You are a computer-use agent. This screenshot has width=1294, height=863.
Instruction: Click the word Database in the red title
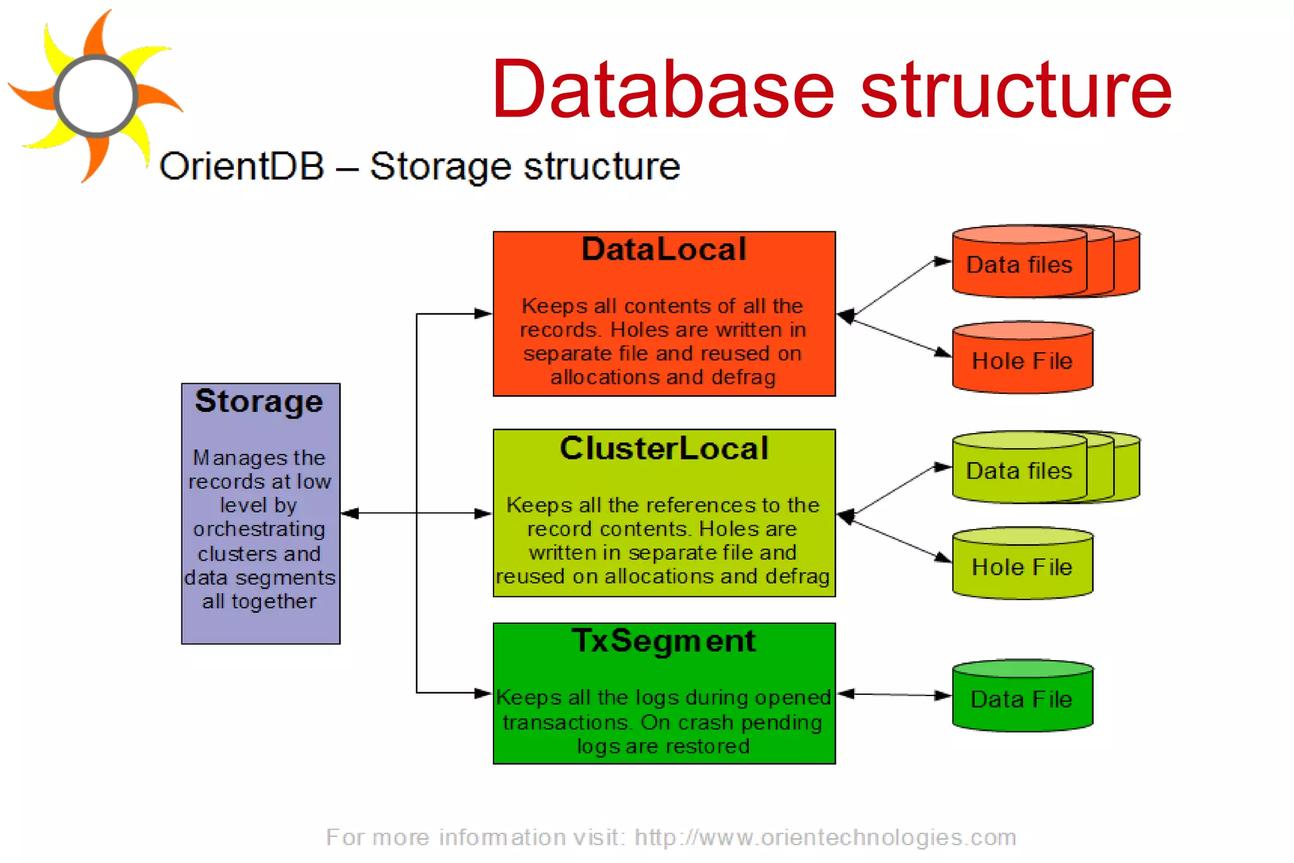pyautogui.click(x=663, y=90)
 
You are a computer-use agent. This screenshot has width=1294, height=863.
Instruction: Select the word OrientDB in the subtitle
pyautogui.click(x=241, y=166)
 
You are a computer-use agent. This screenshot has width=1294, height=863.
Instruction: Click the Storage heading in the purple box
pyautogui.click(x=259, y=401)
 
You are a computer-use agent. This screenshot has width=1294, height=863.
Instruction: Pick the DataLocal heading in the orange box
pyautogui.click(x=663, y=249)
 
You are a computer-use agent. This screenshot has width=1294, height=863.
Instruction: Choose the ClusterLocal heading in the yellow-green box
pyautogui.click(x=663, y=448)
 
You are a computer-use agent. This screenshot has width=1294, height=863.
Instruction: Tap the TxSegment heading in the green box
pyautogui.click(x=663, y=640)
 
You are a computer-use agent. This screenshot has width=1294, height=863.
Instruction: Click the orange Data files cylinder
pyautogui.click(x=1019, y=264)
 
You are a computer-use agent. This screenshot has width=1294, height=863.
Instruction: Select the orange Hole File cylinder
pyautogui.click(x=1022, y=360)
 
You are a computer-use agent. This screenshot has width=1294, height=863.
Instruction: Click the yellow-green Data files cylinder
pyautogui.click(x=1019, y=470)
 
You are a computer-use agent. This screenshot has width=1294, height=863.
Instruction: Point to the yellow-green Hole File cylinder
pyautogui.click(x=1022, y=566)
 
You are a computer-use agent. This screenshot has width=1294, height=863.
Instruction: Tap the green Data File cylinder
pyautogui.click(x=1022, y=699)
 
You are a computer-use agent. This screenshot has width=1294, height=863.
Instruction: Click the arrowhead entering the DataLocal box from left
pyautogui.click(x=484, y=314)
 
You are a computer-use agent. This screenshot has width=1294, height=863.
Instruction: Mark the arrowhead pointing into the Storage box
pyautogui.click(x=349, y=513)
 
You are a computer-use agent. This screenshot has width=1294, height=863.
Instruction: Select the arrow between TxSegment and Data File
pyautogui.click(x=894, y=695)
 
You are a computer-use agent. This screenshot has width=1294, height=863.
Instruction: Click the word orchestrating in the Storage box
pyautogui.click(x=259, y=529)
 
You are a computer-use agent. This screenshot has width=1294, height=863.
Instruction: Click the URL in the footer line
pyautogui.click(x=825, y=837)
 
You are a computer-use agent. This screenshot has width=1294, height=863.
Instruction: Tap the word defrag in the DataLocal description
pyautogui.click(x=743, y=377)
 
